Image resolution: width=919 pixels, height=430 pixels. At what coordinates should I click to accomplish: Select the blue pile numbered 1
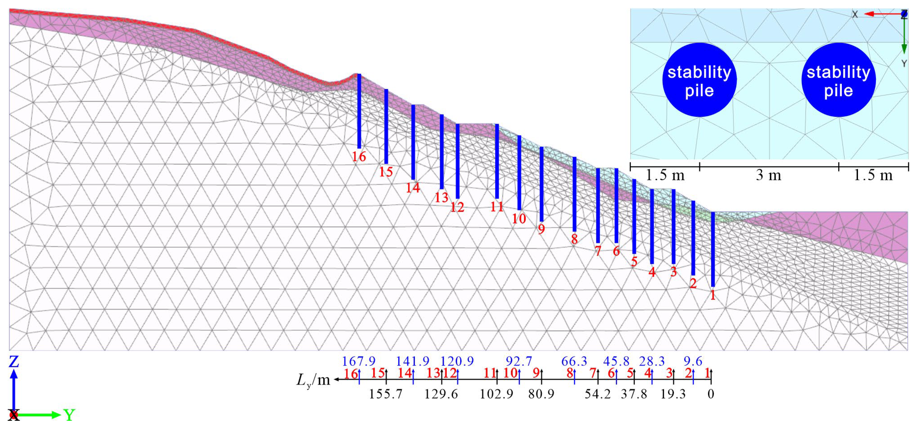tap(713, 249)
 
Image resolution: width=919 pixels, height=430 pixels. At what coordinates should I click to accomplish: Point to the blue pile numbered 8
tap(574, 194)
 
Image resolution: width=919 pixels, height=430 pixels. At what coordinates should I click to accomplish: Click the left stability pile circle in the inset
tap(699, 80)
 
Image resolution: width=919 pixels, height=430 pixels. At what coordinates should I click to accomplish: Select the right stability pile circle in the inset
tap(838, 80)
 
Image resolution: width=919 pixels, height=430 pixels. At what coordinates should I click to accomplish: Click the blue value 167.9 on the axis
tap(359, 361)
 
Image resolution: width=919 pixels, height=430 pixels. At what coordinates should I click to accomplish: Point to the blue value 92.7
tap(519, 361)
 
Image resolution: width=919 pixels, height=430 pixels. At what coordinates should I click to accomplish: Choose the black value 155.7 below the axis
tap(386, 394)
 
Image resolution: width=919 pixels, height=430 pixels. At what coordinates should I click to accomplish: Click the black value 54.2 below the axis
tap(598, 394)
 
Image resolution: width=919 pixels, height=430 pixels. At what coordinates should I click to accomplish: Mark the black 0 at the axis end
tap(711, 394)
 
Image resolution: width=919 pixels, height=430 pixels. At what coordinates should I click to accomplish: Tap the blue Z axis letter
tap(13, 362)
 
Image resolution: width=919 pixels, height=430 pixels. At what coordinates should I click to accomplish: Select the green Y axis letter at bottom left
tap(69, 415)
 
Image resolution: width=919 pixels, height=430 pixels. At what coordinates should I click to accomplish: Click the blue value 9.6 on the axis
tap(693, 361)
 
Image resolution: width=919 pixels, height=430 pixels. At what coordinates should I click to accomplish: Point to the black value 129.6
tap(441, 394)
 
